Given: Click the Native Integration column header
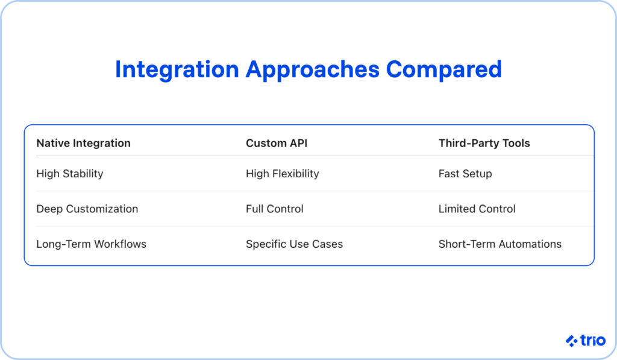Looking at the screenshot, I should pos(83,143).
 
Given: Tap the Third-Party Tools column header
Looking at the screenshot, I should pos(484,143).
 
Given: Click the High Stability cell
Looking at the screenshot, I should pos(70,174).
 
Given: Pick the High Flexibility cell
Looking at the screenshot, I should pos(282,174).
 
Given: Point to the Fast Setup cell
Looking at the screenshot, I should pos(465,174).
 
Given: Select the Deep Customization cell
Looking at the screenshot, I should pos(87,209).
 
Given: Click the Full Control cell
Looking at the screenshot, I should pos(275,209).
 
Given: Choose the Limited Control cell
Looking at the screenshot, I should pos(477,209).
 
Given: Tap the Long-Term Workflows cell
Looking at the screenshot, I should pos(91,244).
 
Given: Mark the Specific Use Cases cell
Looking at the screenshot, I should pos(294,244).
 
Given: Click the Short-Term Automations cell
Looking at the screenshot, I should pos(500,244).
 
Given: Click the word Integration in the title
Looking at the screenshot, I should pos(177,69).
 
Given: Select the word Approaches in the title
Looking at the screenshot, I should pos(312,69).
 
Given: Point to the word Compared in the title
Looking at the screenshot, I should pos(444,69).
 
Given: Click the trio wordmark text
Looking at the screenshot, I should pos(594,341).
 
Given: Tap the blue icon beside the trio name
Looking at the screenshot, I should pos(572,341).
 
